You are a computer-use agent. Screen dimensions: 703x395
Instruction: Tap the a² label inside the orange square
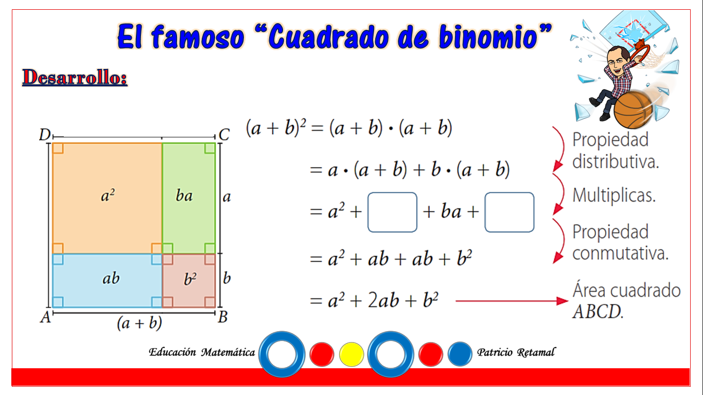pos(108,195)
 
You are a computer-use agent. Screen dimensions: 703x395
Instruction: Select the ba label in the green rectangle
pos(184,196)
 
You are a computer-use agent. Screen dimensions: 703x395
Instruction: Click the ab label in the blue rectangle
pos(111,278)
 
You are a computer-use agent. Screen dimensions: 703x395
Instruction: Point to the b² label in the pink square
pos(190,279)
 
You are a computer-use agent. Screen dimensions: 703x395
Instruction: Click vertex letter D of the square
pos(44,135)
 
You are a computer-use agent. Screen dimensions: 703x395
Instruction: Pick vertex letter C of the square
pos(224,135)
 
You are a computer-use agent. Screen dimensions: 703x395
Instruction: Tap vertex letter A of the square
pos(45,317)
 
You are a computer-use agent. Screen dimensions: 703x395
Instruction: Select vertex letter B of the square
pos(223,317)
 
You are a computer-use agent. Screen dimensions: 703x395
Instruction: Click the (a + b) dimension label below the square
pos(139,323)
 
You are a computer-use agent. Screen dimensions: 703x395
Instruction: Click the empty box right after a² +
pos(392,212)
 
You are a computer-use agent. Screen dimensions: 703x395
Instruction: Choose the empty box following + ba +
pos(509,212)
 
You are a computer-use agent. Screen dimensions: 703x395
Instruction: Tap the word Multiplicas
pos(614,195)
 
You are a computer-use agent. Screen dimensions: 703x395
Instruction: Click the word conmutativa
pos(620,253)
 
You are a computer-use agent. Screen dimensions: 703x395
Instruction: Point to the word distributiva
pos(616,161)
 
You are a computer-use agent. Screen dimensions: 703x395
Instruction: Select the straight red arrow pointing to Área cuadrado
pos(512,301)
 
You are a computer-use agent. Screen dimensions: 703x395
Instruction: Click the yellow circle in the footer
pos(351,354)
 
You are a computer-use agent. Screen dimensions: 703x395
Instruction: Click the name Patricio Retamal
pos(516,352)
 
